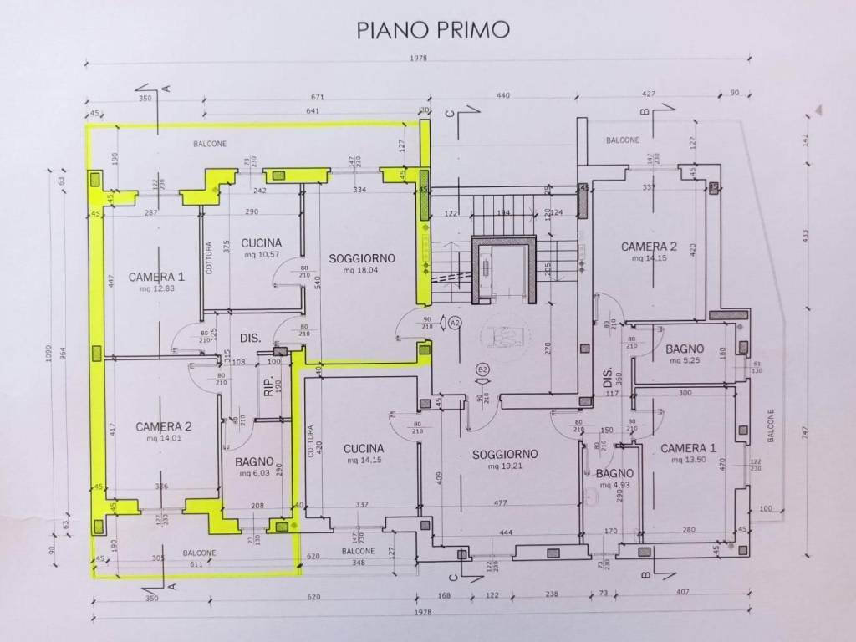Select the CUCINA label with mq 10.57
coord(260,243)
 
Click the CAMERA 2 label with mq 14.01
coord(164,426)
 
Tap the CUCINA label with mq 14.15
coord(363,448)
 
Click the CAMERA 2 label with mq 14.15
coord(648,247)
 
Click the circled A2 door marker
coord(455,322)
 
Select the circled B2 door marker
coord(482,369)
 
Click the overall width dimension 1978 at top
coord(433,58)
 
